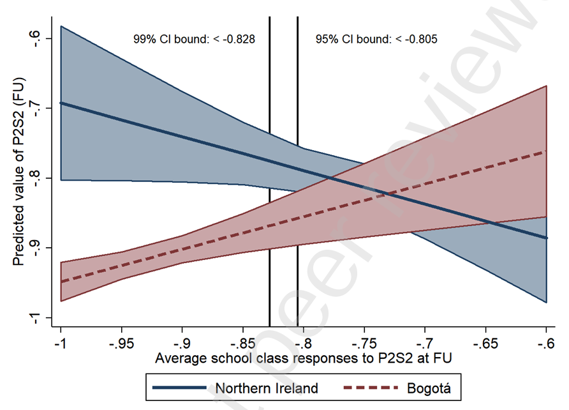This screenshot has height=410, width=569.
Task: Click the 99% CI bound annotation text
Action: pyautogui.click(x=194, y=39)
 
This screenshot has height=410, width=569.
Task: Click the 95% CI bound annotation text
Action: pyautogui.click(x=376, y=39)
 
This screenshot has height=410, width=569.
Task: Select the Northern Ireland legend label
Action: pyautogui.click(x=267, y=387)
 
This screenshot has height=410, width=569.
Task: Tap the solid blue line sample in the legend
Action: pyautogui.click(x=179, y=387)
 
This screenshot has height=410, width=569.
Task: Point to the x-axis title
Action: pyautogui.click(x=304, y=358)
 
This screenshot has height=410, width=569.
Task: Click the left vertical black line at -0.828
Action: pyautogui.click(x=270, y=192)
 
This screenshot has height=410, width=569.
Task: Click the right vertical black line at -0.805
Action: pyautogui.click(x=298, y=192)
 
